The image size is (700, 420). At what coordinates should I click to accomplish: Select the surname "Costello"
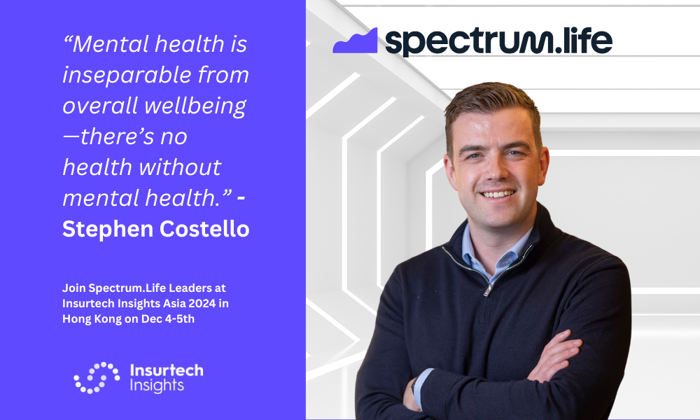[204, 229]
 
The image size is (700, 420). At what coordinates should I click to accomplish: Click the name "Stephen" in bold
[108, 230]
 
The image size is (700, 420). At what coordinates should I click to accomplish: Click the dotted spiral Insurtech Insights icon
[97, 377]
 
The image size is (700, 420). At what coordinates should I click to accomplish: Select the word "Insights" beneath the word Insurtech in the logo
[157, 386]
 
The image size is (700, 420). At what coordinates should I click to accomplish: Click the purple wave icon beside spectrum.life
[356, 41]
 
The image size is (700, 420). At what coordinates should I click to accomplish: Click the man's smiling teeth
[498, 194]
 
